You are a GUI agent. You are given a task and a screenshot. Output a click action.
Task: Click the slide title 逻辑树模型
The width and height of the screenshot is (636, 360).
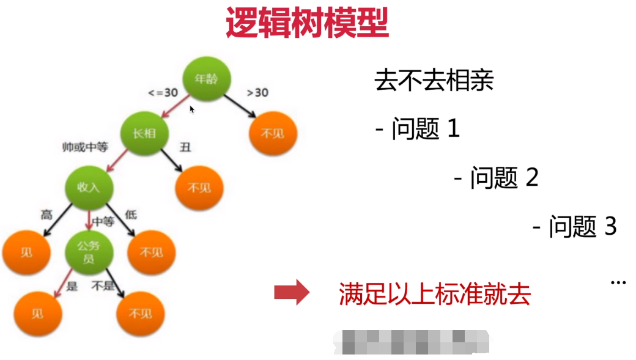306,23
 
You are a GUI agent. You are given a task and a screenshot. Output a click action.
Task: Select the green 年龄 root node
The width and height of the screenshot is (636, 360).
206,79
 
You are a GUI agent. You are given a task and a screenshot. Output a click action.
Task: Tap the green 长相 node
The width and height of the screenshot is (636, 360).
144,133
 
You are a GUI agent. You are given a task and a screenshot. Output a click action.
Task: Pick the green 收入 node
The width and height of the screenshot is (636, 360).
89,188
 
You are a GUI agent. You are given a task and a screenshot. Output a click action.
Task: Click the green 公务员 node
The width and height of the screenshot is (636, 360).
89,252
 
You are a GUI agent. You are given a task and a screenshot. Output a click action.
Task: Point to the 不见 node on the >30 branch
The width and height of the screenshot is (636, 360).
273,133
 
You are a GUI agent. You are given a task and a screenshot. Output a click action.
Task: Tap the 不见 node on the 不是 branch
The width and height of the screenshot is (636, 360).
140,314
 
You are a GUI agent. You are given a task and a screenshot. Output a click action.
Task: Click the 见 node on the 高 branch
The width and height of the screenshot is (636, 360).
26,252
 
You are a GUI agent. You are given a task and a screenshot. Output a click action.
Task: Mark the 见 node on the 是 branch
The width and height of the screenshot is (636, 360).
38,314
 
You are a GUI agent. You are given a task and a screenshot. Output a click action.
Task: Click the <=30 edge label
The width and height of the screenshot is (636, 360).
163,93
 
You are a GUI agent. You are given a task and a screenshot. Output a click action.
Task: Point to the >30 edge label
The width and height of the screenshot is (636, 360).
257,93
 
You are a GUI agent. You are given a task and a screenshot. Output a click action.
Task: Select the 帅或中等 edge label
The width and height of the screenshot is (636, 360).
85,147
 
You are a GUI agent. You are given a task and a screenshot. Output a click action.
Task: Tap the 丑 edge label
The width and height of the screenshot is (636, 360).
183,147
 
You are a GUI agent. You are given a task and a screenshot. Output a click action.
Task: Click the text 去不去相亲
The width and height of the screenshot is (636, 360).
434,81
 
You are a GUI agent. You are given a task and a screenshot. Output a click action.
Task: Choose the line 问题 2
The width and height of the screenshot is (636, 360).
496,178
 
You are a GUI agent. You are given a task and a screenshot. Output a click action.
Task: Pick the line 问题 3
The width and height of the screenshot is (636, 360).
575,227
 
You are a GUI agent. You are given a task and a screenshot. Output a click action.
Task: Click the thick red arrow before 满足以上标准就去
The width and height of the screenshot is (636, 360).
292,293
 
